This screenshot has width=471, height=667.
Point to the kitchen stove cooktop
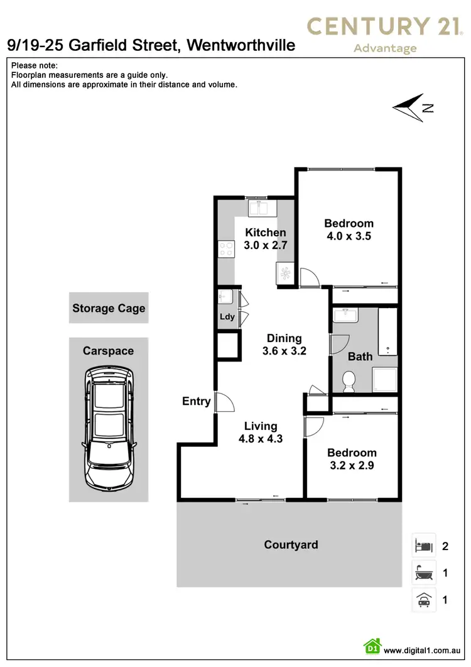click(x=225, y=250)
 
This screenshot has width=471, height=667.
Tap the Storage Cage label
click(x=109, y=308)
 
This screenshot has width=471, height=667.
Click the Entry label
click(x=196, y=401)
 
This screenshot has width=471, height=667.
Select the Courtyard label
click(x=291, y=544)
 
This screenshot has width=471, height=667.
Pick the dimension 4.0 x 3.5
click(x=349, y=237)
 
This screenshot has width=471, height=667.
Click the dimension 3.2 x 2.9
click(x=352, y=466)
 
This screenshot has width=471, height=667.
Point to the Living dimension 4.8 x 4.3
click(x=261, y=439)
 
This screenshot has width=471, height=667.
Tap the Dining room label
click(x=284, y=338)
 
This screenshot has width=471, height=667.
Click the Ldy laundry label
click(x=227, y=317)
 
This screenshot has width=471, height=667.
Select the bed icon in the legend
click(x=423, y=545)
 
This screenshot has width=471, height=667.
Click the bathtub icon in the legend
click(x=423, y=573)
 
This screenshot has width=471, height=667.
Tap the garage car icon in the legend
click(x=423, y=600)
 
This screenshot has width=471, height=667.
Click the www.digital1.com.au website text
click(x=424, y=651)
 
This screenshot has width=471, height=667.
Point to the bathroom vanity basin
click(x=345, y=315)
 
